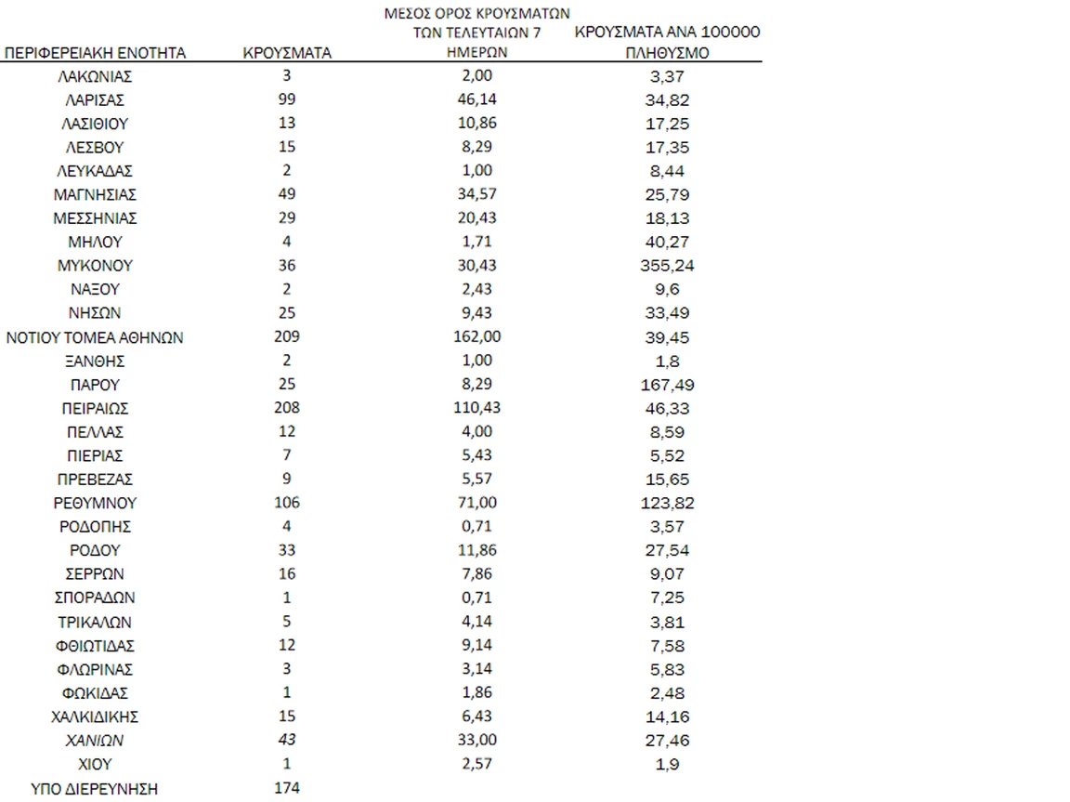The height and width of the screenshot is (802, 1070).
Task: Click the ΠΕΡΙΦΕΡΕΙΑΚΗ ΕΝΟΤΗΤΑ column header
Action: coord(96,54)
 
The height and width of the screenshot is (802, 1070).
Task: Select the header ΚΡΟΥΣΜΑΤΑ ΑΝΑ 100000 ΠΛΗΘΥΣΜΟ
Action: coord(668,43)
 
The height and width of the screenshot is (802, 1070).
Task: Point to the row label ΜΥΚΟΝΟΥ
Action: coord(95,266)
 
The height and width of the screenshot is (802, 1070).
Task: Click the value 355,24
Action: coord(668,266)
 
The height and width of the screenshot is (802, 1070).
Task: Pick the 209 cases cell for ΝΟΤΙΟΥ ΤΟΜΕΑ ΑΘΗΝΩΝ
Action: coord(287,337)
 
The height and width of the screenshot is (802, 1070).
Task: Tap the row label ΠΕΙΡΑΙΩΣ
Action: coord(95,408)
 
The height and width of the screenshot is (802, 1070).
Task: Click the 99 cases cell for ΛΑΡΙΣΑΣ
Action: coord(287,99)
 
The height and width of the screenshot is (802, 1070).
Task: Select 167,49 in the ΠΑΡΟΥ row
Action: coord(668,385)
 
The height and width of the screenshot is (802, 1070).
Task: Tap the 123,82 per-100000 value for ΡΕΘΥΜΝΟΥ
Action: coord(668,503)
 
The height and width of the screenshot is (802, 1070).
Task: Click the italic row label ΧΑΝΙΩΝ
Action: coord(95,741)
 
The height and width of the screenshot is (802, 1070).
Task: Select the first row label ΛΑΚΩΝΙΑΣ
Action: coord(95,77)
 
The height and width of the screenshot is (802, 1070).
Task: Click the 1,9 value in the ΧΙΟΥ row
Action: coord(668,764)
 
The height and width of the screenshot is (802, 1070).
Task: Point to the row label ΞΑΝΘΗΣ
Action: coord(95,361)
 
